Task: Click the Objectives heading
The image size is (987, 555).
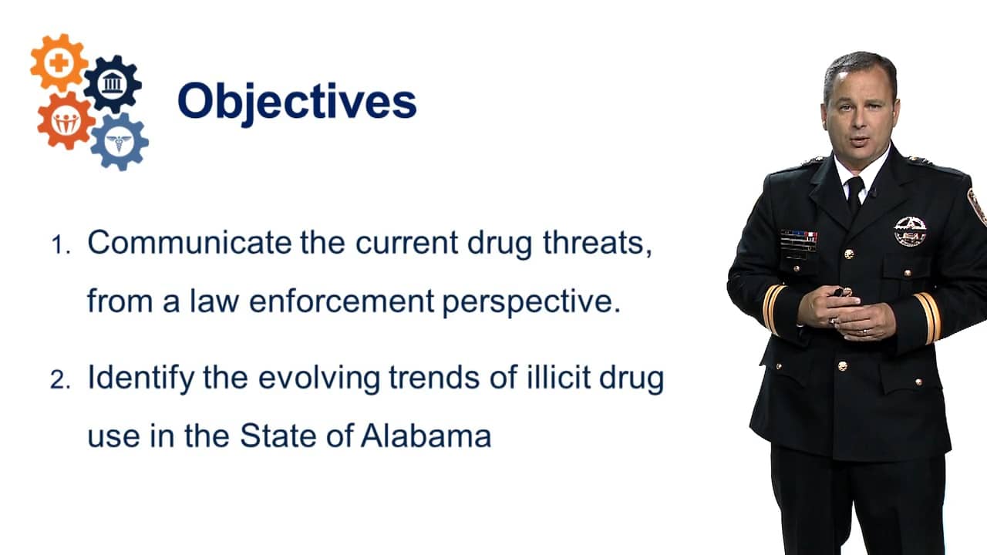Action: coord(297,103)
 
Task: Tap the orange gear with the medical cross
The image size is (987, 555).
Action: coord(59,62)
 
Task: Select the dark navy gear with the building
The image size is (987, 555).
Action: coord(113,84)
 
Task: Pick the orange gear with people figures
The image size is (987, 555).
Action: coord(66,120)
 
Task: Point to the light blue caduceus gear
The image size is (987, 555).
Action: coord(120,141)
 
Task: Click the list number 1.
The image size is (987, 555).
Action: coord(60,245)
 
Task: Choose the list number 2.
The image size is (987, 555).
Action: coord(60,380)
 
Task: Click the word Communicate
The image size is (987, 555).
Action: coord(190,242)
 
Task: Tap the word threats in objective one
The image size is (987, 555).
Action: coord(597,244)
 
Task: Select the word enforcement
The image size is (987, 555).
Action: coord(342,301)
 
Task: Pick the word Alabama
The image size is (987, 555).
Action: coord(426,436)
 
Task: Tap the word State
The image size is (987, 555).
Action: coord(278,436)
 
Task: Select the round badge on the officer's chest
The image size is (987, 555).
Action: coord(910,231)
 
